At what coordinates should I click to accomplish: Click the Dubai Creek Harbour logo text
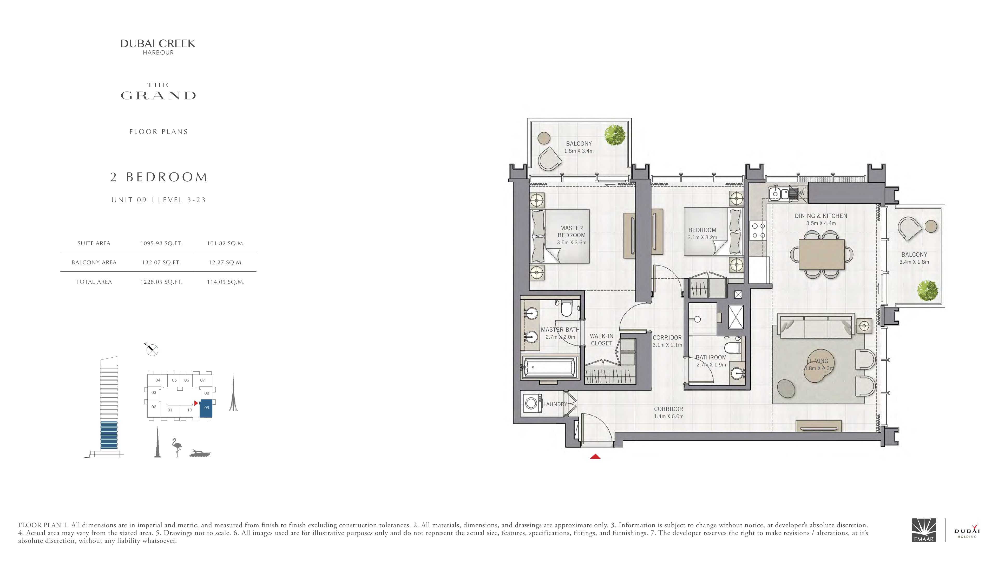coord(158,47)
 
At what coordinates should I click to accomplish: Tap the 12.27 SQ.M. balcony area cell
coord(226,263)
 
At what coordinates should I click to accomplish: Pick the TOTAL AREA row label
coord(94,282)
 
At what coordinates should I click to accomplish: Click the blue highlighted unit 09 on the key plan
coord(206,408)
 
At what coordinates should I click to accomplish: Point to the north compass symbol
coord(152,350)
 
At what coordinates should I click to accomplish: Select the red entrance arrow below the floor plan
coord(595,457)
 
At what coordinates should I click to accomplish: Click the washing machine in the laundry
coord(533,404)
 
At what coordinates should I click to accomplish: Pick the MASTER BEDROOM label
coord(572,231)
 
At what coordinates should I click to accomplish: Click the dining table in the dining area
coord(821,254)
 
